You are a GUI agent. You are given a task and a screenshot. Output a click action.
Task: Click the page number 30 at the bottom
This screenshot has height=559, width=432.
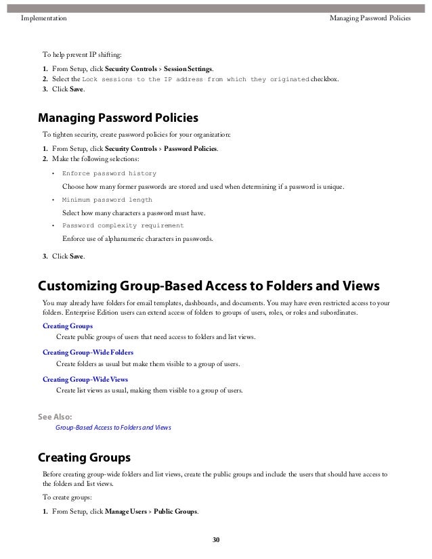216,539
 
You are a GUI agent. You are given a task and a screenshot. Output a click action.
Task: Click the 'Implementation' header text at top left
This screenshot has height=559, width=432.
44,18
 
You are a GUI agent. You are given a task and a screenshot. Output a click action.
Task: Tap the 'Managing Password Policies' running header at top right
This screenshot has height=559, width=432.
370,18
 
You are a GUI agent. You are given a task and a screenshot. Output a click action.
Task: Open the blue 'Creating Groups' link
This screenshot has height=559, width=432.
68,326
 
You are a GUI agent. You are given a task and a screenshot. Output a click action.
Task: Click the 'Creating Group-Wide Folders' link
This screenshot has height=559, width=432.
88,353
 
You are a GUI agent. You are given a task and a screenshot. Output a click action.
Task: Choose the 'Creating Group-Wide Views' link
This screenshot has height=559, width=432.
85,379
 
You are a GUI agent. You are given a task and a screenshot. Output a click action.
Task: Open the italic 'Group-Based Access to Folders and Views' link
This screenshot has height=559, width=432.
113,428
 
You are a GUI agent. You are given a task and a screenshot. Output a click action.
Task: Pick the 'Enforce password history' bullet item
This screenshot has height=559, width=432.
109,174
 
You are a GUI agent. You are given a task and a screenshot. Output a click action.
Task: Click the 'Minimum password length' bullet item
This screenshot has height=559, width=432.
107,200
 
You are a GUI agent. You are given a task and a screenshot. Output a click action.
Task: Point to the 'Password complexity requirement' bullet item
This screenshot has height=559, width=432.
123,226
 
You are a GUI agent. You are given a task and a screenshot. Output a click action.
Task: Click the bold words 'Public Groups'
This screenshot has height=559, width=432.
175,511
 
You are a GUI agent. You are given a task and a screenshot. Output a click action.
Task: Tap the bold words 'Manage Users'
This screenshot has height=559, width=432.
127,511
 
